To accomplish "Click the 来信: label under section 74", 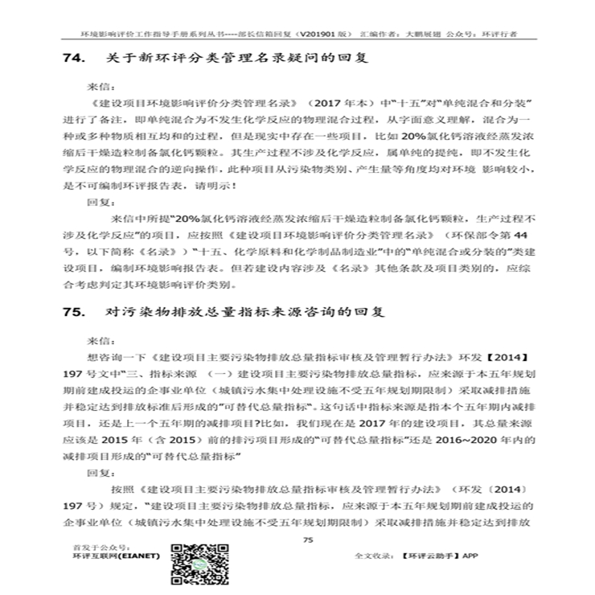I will pyautogui.click(x=101, y=84).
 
